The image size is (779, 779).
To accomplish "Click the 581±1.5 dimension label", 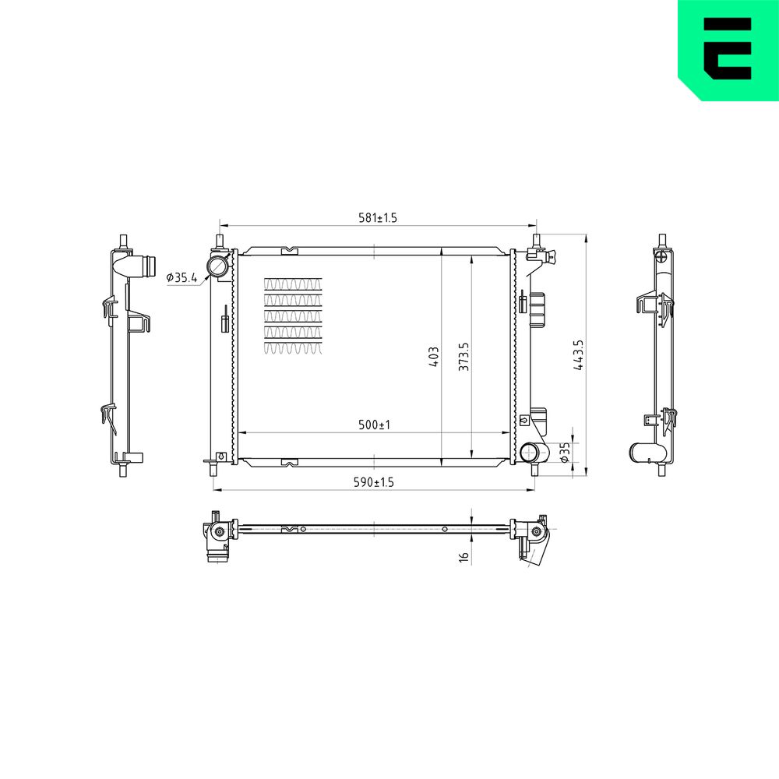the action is pyautogui.click(x=378, y=217).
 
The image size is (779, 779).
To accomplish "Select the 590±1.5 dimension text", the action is pyautogui.click(x=374, y=482).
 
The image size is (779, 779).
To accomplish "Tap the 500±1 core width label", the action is pyautogui.click(x=374, y=425).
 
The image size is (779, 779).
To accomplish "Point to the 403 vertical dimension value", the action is pyautogui.click(x=434, y=357).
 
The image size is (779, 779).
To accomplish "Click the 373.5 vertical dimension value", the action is pyautogui.click(x=464, y=356).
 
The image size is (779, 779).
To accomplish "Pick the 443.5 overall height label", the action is pyautogui.click(x=578, y=355).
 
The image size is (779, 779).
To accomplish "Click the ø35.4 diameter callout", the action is pyautogui.click(x=182, y=277).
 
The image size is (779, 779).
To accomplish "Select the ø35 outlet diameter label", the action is pyautogui.click(x=564, y=453).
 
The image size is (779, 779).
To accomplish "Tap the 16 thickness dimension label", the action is pyautogui.click(x=464, y=556).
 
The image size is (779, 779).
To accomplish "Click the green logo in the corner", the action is pyautogui.click(x=728, y=50).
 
